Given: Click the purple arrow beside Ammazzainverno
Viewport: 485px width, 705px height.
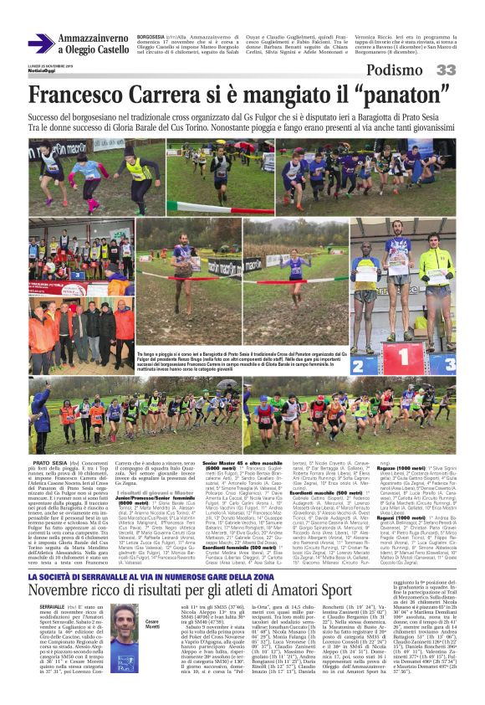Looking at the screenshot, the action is [40, 44].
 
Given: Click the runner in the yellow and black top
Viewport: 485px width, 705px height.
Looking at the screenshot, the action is [130, 167].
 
